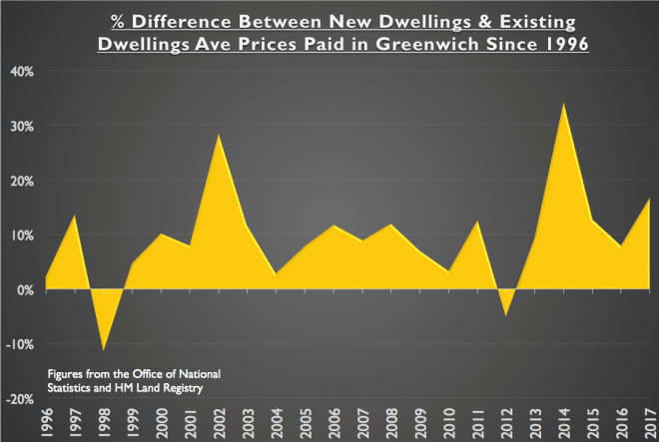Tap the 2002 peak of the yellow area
pyautogui.click(x=218, y=135)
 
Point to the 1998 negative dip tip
pyautogui.click(x=102, y=350)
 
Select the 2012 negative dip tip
pyautogui.click(x=506, y=315)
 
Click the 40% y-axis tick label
pyautogui.click(x=23, y=71)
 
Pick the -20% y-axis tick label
pyautogui.click(x=21, y=399)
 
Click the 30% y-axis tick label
pyautogui.click(x=23, y=126)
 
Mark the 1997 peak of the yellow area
pyautogui.click(x=74, y=216)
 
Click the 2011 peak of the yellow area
pyautogui.click(x=478, y=221)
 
